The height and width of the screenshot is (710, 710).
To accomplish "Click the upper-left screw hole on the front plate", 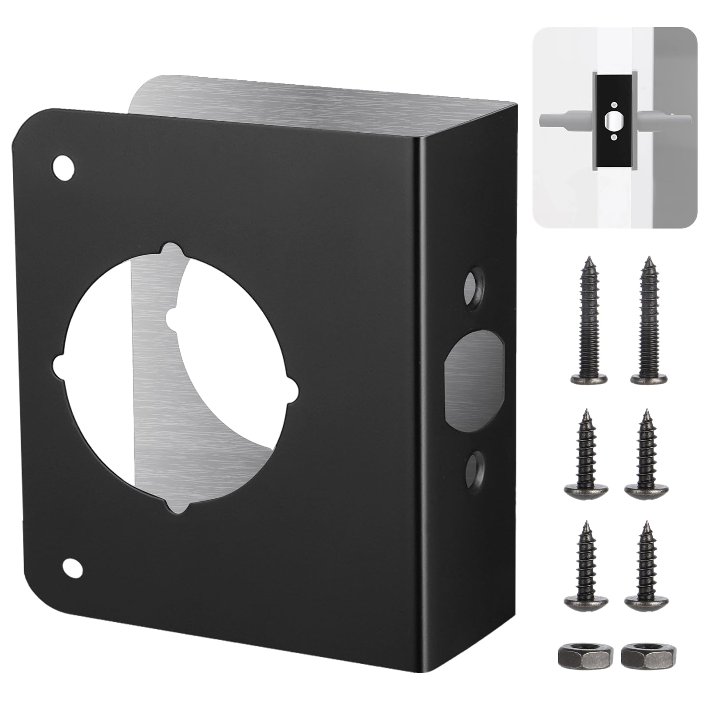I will pyautogui.click(x=63, y=168).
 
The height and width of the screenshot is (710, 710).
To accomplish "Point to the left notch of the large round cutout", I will pyautogui.click(x=60, y=367).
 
